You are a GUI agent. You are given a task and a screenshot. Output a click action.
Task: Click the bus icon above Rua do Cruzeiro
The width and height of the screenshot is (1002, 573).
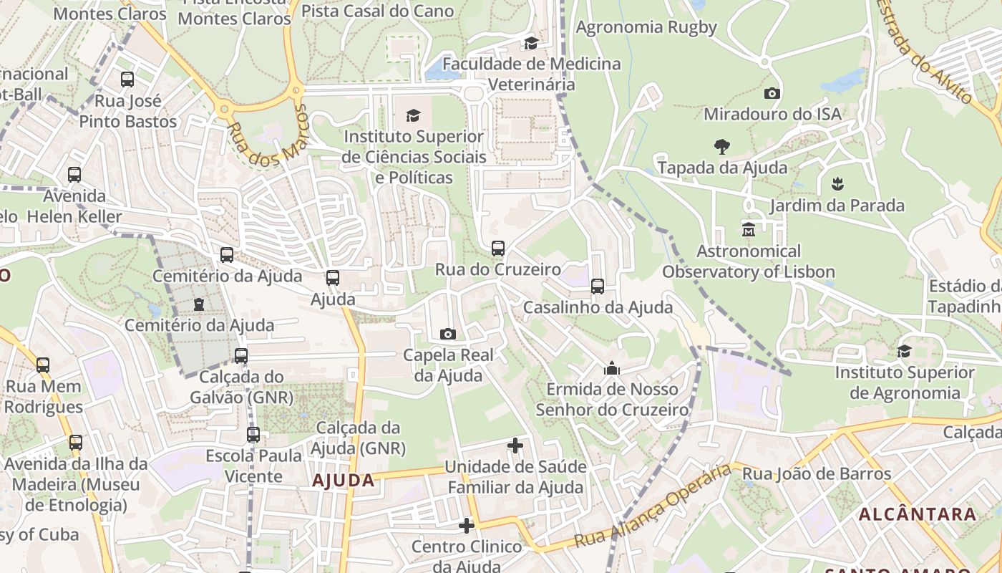498,249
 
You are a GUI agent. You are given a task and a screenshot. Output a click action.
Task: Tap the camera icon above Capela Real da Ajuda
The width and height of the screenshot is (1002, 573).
448,334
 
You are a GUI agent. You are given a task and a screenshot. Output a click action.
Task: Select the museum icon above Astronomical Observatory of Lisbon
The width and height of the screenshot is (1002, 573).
749,230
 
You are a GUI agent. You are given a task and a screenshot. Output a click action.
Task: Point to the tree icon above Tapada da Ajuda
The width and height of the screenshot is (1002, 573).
721,147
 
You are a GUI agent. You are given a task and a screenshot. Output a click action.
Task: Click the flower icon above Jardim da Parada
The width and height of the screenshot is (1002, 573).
837,184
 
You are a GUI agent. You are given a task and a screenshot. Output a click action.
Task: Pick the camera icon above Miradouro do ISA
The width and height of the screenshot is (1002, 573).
772,93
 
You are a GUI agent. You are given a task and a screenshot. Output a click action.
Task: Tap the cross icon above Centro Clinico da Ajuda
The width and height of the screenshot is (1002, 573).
467,526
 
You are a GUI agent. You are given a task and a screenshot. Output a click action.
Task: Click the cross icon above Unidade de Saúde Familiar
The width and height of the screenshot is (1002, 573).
515,446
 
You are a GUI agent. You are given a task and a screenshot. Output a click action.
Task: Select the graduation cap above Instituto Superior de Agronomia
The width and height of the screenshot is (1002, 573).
905,351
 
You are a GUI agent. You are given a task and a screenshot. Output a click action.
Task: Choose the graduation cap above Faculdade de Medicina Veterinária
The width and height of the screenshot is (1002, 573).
531,43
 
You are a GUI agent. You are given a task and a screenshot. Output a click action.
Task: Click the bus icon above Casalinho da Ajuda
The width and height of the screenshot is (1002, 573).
598,286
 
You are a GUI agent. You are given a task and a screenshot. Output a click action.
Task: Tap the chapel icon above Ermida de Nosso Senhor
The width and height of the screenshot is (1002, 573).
612,368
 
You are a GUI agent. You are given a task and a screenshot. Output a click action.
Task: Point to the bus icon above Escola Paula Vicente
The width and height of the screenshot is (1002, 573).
253,435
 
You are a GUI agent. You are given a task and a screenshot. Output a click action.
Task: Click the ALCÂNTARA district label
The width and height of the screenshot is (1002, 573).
918,514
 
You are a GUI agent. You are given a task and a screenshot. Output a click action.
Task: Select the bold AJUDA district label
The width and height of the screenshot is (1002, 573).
344,481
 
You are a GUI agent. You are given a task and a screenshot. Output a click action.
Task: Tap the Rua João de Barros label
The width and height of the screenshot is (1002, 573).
817,473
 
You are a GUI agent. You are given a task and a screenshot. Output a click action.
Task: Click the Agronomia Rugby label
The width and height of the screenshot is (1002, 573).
646,27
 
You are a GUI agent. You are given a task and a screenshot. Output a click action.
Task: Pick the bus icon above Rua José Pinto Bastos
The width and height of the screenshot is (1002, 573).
127,80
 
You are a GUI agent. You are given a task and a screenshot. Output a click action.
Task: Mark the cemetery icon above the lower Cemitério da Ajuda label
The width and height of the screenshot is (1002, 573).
199,304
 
